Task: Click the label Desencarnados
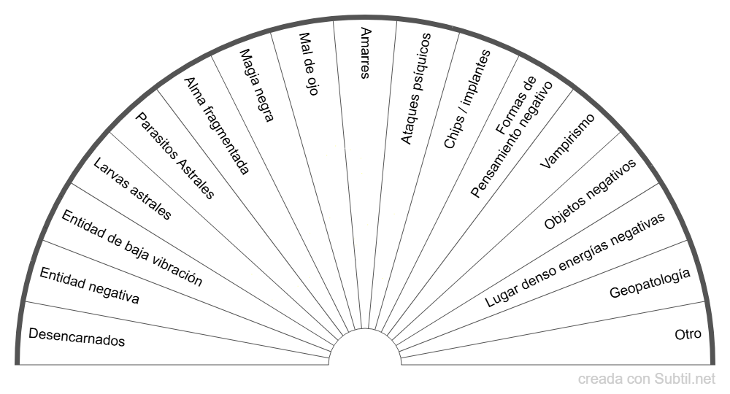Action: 77,336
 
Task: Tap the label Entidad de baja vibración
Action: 131,248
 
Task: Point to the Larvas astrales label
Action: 132,188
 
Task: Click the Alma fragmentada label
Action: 216,125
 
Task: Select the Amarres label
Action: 365,53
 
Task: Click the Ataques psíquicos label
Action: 416,88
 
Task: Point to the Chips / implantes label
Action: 466,98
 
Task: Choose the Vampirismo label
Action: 567,140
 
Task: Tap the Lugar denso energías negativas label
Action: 577,259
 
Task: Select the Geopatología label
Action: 650,284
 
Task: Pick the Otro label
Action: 688,334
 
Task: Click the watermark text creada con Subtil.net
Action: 647,379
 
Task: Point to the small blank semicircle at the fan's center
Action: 365,349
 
